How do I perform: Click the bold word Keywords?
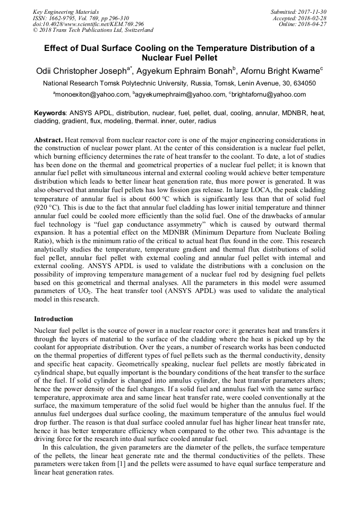(50, 113)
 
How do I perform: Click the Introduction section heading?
(54, 319)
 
